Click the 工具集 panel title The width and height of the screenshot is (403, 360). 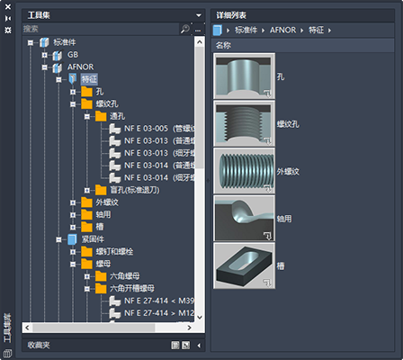point(40,15)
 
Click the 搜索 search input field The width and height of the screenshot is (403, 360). point(99,30)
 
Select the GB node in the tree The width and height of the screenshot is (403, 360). point(74,54)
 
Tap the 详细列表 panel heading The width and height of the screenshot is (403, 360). point(232,15)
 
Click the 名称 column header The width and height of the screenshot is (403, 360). point(225,44)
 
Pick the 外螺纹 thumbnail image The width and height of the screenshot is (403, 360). point(245,170)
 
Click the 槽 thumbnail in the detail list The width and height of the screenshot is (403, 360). point(245,265)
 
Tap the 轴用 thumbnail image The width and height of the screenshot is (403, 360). point(245,218)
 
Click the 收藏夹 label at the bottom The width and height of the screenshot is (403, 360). point(39,345)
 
